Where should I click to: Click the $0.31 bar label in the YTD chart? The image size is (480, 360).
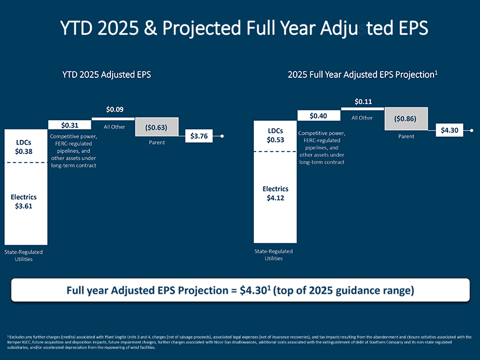[x=70, y=124]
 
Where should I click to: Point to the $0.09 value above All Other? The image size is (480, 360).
[x=114, y=109]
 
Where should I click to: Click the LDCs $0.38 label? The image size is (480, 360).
[x=24, y=147]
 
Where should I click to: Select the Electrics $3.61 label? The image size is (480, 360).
[x=24, y=201]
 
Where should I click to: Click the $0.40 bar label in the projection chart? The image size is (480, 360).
[x=318, y=116]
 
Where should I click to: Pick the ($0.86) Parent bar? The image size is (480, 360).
[x=406, y=118]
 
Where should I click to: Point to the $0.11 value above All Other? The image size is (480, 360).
[x=363, y=102]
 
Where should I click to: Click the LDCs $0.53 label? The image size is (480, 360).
[x=275, y=135]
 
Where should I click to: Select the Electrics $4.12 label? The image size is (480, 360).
[x=275, y=193]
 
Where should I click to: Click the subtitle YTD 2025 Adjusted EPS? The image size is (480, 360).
[x=107, y=74]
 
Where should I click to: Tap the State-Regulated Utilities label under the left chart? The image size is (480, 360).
[x=24, y=255]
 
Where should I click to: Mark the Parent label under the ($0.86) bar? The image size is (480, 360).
[x=406, y=137]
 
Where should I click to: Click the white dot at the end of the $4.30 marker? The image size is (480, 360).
[x=471, y=131]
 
